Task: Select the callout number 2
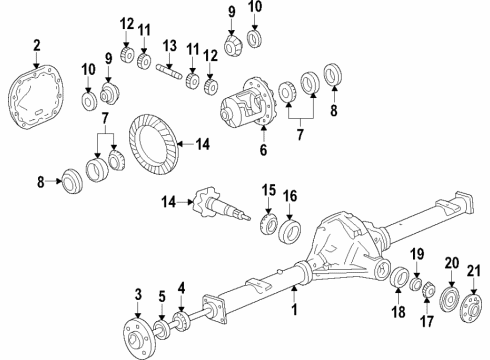pyautogui.click(x=37, y=44)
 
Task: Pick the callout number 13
pyautogui.click(x=171, y=46)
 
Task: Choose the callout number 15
pyautogui.click(x=268, y=190)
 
